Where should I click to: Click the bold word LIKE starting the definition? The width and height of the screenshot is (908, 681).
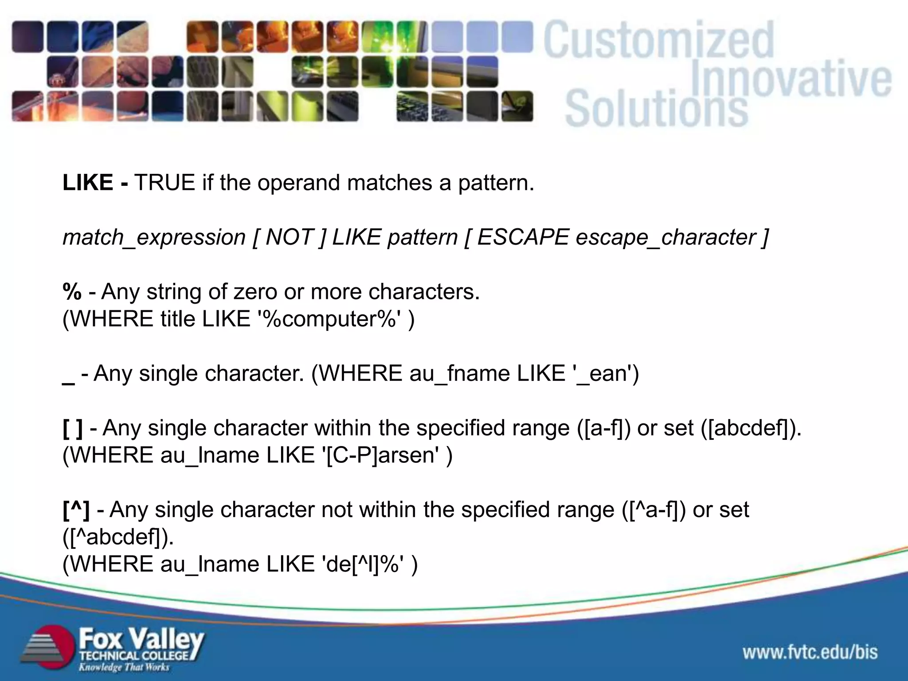tap(88, 183)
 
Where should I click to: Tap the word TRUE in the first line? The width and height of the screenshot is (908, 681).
tap(164, 183)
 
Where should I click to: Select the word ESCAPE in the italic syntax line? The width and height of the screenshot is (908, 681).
tap(523, 237)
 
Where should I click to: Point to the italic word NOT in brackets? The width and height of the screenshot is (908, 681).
tap(290, 237)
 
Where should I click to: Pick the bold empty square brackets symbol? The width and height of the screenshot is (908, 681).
tap(73, 428)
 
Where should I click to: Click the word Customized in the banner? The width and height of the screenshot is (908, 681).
tap(659, 41)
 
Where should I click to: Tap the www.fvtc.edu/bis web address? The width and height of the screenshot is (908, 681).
tap(810, 652)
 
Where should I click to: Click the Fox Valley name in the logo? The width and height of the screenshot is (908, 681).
tap(141, 639)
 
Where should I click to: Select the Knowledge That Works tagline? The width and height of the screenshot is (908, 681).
tap(124, 667)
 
